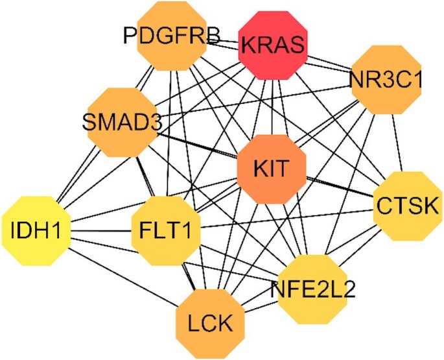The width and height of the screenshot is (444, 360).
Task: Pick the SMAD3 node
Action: point(119,120)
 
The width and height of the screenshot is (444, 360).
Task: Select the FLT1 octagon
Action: point(165,229)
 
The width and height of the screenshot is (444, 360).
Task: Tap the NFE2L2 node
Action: point(313,287)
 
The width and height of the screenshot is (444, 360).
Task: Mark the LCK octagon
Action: point(208,321)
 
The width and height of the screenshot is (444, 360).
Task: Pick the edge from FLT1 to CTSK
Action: point(285,218)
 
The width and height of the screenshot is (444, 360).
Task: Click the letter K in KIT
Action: point(259,167)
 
